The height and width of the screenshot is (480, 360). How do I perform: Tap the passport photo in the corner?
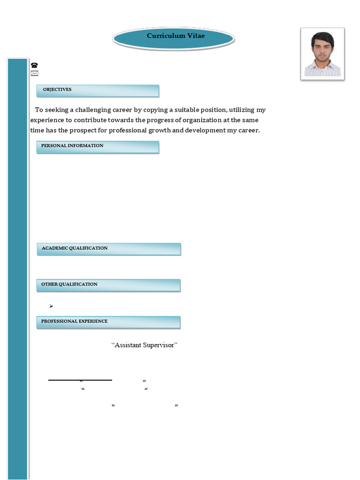[x=322, y=54]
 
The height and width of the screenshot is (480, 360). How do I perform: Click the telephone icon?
[x=34, y=66]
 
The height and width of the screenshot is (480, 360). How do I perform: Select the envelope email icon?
[x=34, y=74]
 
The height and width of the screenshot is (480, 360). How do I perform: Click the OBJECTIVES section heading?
[x=57, y=90]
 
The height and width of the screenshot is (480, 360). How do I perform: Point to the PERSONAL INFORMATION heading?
[x=72, y=146]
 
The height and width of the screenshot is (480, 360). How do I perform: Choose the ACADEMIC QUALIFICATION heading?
[x=75, y=248]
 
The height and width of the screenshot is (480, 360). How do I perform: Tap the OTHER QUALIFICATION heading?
[x=69, y=285]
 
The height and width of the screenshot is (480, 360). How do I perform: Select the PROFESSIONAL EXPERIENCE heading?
[x=74, y=322]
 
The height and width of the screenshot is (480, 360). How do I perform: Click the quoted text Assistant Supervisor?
[x=144, y=345]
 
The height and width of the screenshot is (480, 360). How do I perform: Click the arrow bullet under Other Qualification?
[x=51, y=306]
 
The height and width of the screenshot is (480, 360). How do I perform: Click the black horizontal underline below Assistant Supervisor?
[x=80, y=380]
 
